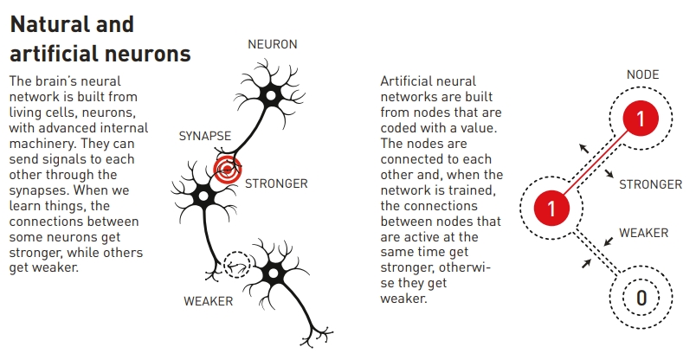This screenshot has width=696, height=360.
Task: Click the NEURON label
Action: tap(273, 44)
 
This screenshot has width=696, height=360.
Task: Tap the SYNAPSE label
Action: tap(205, 136)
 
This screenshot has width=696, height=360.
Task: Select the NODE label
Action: tap(642, 74)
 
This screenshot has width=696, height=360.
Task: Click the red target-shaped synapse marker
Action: tap(228, 169)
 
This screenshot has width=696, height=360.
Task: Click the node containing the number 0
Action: tap(641, 298)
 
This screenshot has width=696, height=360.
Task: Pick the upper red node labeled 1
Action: tap(641, 119)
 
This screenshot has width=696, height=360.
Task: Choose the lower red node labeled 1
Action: tap(551, 209)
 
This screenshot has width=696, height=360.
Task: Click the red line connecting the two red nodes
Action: tap(596, 164)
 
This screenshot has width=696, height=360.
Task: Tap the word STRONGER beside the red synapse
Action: tap(276, 183)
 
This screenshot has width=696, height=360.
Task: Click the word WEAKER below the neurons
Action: tap(208, 301)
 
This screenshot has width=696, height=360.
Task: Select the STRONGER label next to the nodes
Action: tap(651, 184)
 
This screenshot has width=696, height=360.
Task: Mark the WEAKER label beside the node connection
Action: tap(643, 233)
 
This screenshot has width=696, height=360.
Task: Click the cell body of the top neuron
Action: tap(270, 96)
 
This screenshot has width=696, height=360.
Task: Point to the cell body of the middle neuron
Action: tap(203, 196)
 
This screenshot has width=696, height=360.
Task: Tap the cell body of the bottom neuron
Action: tap(273, 273)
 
